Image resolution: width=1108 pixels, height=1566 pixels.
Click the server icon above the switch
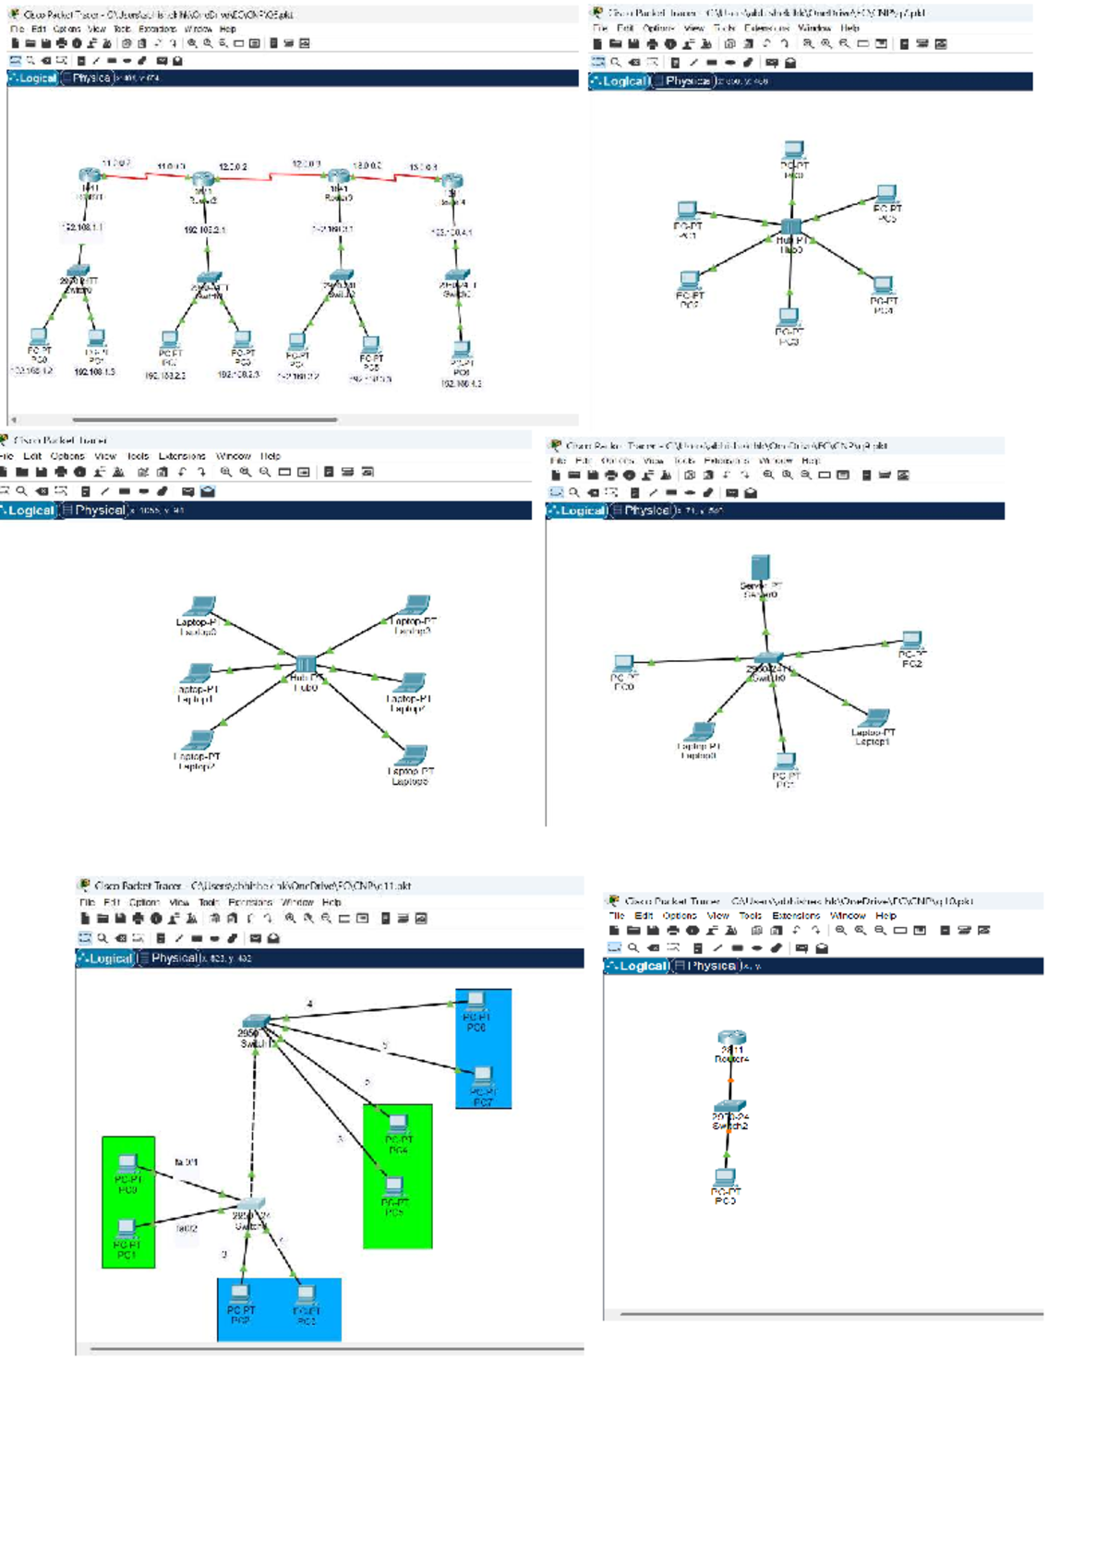(x=760, y=567)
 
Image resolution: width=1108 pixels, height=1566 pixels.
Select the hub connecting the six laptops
(x=306, y=665)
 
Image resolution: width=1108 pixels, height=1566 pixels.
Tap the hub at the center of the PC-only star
(x=791, y=227)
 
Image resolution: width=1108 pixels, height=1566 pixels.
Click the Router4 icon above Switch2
(x=731, y=1038)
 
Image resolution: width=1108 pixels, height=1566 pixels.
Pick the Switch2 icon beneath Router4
(x=729, y=1105)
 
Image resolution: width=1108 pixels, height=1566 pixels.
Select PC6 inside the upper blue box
(x=476, y=1001)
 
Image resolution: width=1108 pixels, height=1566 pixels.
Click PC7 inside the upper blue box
(x=482, y=1075)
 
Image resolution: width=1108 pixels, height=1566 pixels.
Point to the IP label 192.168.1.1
(x=83, y=227)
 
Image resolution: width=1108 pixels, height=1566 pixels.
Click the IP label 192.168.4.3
(x=461, y=383)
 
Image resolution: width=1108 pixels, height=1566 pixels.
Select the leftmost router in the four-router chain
(x=90, y=175)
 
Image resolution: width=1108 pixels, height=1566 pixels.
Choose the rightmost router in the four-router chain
(x=452, y=182)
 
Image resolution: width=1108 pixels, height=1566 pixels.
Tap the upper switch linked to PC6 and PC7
(x=256, y=1022)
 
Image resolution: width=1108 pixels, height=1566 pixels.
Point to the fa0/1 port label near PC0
(x=186, y=1162)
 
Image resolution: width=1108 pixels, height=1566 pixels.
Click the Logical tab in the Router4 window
(x=636, y=966)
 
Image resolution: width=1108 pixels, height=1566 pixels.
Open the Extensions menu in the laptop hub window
(x=182, y=456)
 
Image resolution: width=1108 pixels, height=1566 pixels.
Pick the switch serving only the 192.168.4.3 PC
(x=457, y=276)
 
